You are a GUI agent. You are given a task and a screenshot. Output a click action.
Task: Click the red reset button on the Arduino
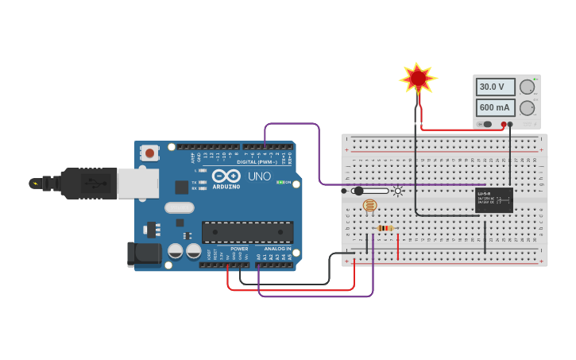pos(149,153)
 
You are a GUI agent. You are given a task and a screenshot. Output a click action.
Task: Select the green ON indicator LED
pos(280,182)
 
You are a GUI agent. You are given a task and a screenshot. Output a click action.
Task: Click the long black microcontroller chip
pos(247,232)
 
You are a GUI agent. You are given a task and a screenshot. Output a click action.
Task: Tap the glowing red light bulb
pos(418,79)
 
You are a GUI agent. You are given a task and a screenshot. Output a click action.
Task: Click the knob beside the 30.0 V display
pos(527,87)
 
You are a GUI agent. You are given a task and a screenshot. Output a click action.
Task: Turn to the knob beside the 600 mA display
pos(527,107)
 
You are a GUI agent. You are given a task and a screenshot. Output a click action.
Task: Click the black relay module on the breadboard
pos(493,199)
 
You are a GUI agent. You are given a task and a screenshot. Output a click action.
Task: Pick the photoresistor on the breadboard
pos(369,206)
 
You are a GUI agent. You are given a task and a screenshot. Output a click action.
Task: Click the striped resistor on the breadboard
pos(385,228)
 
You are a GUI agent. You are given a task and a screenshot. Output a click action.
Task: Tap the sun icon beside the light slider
pos(398,191)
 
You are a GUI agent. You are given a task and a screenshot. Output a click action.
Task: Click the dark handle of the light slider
pos(358,191)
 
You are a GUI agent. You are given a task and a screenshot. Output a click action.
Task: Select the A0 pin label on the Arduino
pos(259,256)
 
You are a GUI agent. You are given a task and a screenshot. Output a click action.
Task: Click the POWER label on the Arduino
pos(239,249)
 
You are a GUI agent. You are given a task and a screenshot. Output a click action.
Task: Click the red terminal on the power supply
pos(504,124)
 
